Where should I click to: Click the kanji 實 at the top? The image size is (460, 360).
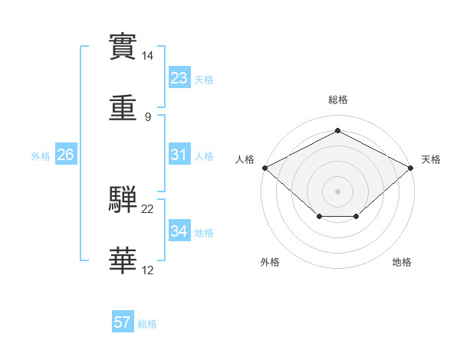point(123,47)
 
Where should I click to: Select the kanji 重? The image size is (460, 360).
point(123,108)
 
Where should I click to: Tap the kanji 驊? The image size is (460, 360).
point(123,199)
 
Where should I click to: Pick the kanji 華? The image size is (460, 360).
point(123,260)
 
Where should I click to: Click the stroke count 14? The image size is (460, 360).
point(147,56)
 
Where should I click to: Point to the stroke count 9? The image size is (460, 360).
point(148,117)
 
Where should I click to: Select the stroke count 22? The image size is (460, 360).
point(147,209)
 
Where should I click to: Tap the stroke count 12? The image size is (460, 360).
point(147,270)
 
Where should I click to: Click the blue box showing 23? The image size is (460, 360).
point(179,77)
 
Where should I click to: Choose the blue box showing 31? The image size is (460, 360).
point(179,154)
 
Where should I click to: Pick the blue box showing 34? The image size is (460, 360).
point(179,230)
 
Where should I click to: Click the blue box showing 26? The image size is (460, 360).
point(66,154)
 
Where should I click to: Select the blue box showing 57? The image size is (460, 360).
point(123,321)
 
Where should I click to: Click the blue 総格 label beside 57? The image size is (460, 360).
point(147,324)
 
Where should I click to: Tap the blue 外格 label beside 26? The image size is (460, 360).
point(41,156)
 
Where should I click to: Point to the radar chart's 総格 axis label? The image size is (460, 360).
point(338,100)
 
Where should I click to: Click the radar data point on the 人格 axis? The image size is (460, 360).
point(265,168)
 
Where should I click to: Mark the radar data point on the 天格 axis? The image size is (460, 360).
point(410,168)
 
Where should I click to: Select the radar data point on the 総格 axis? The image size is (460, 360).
point(337,130)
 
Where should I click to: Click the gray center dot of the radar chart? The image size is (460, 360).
point(337,191)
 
